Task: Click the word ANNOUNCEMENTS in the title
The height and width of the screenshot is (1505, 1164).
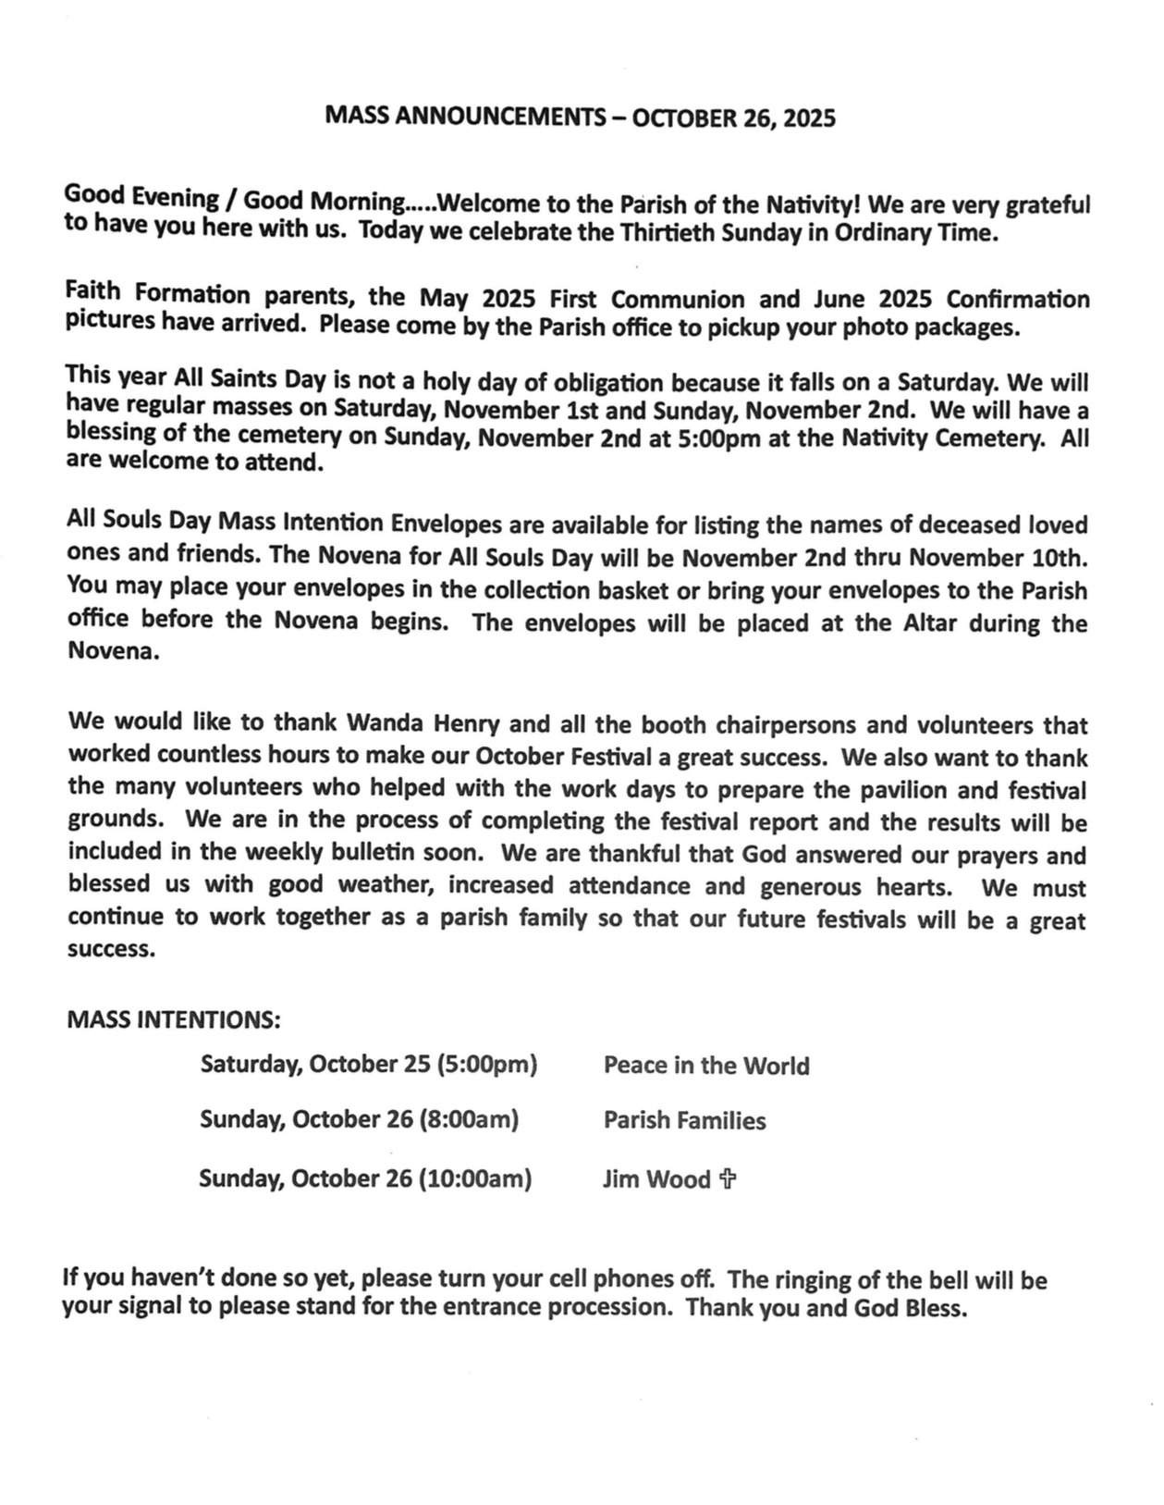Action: click(489, 117)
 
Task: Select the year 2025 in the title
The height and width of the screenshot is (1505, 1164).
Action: click(810, 118)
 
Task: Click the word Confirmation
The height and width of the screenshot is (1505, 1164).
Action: click(1018, 300)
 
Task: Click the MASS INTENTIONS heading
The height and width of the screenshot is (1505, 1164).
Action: click(174, 1019)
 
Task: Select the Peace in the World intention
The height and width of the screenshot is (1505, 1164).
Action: click(706, 1066)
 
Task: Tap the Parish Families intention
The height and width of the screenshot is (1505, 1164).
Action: click(684, 1121)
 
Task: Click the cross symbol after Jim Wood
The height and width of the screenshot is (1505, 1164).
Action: click(729, 1178)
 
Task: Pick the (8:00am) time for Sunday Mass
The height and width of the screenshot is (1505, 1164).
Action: click(469, 1120)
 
